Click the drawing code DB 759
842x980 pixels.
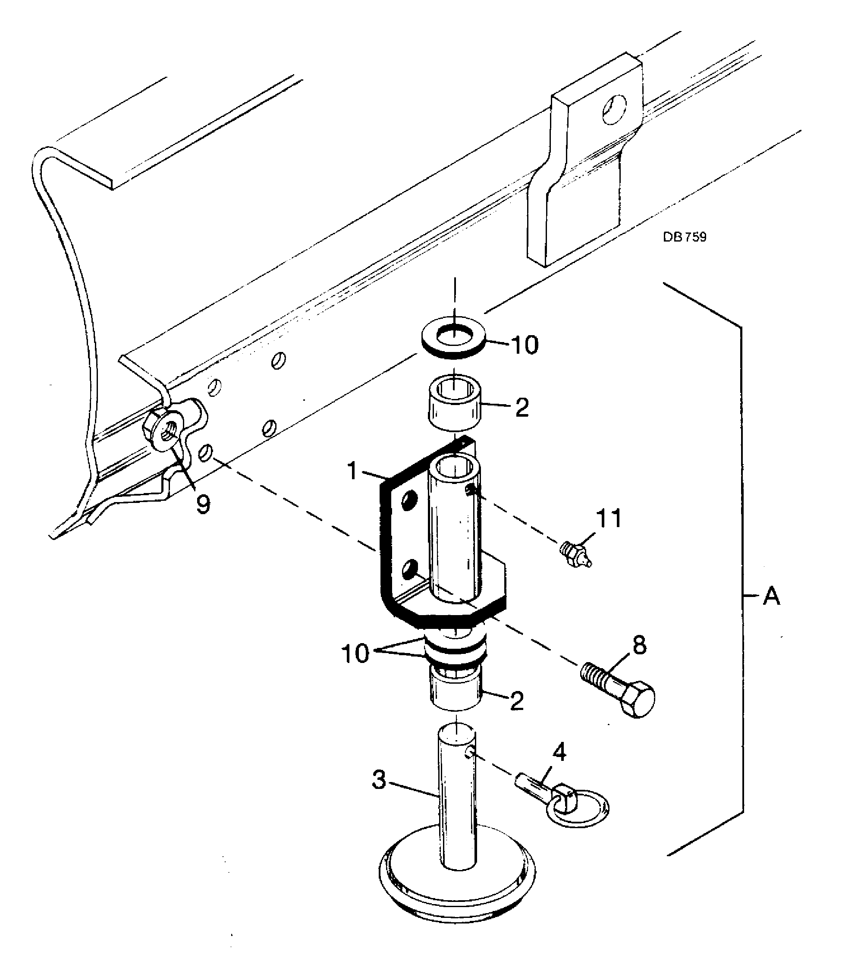(x=684, y=237)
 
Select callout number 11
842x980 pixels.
(x=609, y=519)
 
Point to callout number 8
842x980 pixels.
(x=639, y=645)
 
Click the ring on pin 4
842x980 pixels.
(x=578, y=808)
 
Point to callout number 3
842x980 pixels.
(x=379, y=780)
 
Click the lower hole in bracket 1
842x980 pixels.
(x=409, y=570)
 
